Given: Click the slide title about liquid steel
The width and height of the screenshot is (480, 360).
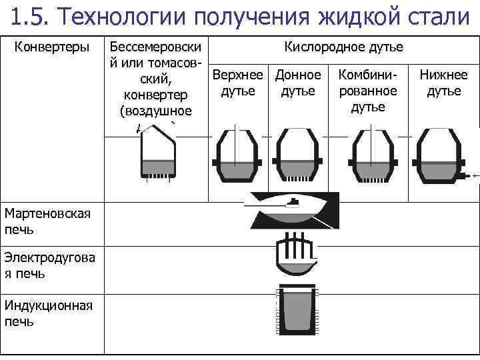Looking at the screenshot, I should click(240, 15).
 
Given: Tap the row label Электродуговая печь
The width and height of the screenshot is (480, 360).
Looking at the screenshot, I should click(49, 265).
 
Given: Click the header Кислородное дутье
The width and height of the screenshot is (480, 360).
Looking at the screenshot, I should click(343, 47).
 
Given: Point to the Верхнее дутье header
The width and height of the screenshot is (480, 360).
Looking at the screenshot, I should click(238, 83).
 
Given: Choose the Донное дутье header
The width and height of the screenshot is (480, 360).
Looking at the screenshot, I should click(297, 83).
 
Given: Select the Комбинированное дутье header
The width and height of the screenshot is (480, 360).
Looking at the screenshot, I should click(367, 91).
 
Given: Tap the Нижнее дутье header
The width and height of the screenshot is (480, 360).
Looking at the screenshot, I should click(443, 83).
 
